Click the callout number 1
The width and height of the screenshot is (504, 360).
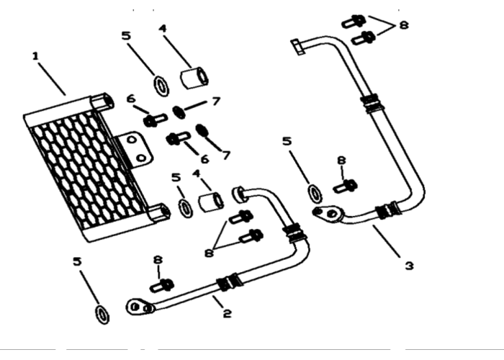(x=35, y=57)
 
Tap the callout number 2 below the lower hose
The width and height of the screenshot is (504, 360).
(x=227, y=313)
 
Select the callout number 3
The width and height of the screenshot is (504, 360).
(x=409, y=266)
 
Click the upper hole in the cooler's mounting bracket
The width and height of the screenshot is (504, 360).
(x=132, y=140)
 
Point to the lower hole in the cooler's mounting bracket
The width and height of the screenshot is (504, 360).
(x=141, y=158)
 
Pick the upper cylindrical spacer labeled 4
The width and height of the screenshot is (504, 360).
(x=194, y=78)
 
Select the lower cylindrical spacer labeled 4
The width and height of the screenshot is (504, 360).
(x=211, y=202)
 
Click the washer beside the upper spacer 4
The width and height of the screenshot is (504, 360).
(x=161, y=86)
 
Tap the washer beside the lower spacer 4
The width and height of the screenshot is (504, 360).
(x=186, y=208)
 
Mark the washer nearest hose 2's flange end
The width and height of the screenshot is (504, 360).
(x=102, y=315)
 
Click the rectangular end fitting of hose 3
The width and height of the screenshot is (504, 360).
(x=298, y=47)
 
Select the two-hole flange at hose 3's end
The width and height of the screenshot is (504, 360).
(x=328, y=213)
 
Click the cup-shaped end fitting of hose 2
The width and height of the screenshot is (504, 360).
(x=239, y=194)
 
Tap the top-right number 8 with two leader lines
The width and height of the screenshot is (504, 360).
(x=404, y=24)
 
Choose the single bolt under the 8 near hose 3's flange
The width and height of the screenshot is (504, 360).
(x=345, y=186)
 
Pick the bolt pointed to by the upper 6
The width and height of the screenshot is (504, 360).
(x=156, y=120)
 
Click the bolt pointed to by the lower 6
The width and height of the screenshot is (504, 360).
(x=179, y=138)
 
